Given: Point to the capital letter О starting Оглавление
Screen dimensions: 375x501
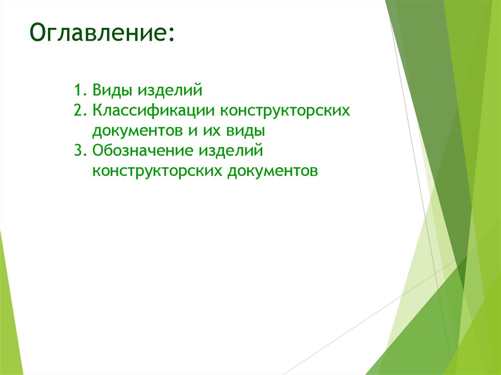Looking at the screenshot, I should pos(38,33).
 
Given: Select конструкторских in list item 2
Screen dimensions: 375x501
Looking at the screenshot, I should pos(285,111).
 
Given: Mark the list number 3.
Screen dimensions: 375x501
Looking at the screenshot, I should pos(79,151).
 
